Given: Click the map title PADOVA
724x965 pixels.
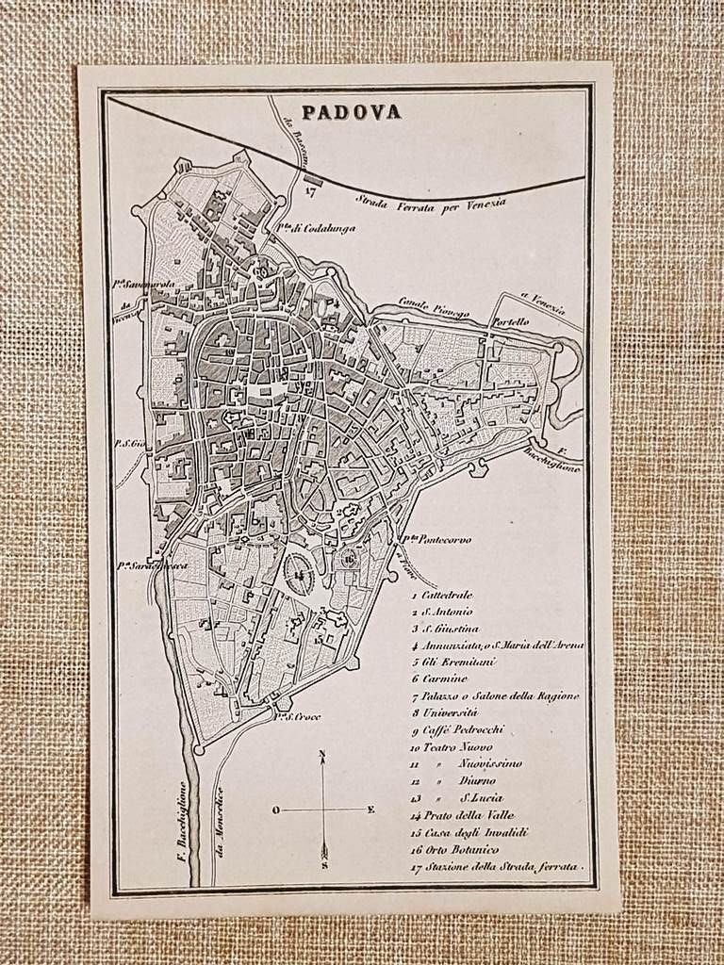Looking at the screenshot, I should [x=351, y=112].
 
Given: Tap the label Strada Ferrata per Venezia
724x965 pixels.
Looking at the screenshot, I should [x=431, y=200].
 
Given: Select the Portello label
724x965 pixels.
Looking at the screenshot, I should [x=509, y=321].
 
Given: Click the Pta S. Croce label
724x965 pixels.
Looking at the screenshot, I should [x=299, y=716].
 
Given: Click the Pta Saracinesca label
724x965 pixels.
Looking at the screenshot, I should [x=151, y=565].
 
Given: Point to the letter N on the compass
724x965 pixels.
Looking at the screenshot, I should [x=322, y=753].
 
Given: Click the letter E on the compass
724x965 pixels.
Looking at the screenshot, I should [x=370, y=809].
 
